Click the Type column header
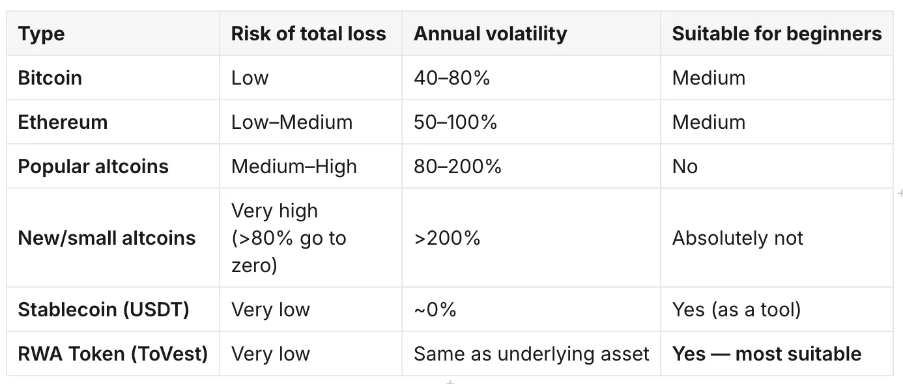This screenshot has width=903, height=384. click(41, 34)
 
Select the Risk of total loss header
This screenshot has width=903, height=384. click(308, 33)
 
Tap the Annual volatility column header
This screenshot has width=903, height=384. click(490, 34)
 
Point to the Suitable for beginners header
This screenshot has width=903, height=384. click(777, 34)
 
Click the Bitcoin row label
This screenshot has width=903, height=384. click(50, 77)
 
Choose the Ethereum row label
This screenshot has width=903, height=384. click(63, 122)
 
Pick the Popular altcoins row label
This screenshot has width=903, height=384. click(93, 167)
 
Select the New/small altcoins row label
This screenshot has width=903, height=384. click(107, 238)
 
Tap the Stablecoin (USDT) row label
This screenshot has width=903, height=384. click(104, 310)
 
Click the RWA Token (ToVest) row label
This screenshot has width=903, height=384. click(113, 354)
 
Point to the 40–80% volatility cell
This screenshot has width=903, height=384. click(451, 77)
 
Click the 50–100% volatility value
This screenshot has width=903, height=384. click(455, 122)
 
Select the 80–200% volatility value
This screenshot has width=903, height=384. click(457, 166)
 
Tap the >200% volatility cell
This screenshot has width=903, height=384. click(447, 238)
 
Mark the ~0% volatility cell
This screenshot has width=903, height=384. click(435, 310)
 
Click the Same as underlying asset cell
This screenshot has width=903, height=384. click(532, 354)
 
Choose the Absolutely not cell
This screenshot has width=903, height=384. click(738, 238)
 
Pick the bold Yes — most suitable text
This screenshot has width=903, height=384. click(767, 354)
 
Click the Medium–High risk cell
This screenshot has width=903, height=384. click(294, 167)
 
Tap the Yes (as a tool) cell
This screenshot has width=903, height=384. click(736, 310)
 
